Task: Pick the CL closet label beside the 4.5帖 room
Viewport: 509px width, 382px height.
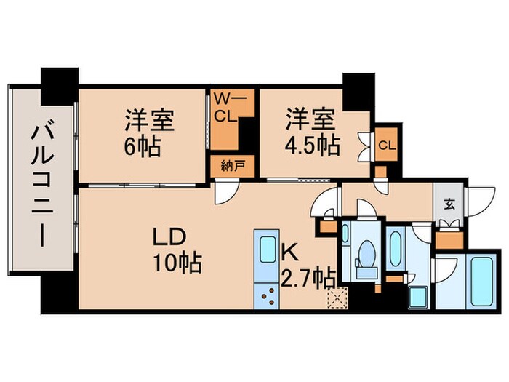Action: (387, 145)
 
